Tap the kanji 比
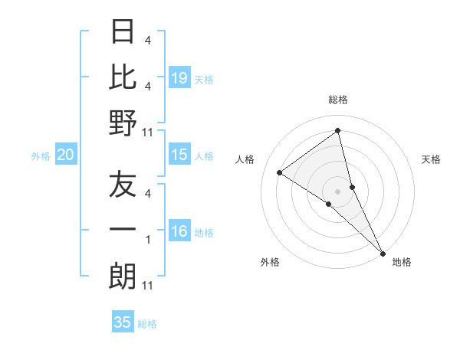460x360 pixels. pos(123,77)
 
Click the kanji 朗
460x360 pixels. pos(123,277)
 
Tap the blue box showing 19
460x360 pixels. pos(179,78)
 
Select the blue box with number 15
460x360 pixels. pos(179,155)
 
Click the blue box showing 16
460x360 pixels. pos(179,232)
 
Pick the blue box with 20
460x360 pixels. pos(65,155)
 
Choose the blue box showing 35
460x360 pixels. pos(123,322)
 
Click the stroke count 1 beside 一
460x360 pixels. pos(148,240)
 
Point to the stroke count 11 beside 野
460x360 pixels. pos(148,132)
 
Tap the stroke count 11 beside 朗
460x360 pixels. pos(148,286)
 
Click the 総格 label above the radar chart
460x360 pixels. pos(338,100)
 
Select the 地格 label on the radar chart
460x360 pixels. pos(402,262)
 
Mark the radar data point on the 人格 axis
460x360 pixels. pos(280,173)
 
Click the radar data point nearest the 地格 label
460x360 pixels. pos(382,252)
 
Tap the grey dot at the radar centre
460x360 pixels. pos(338,191)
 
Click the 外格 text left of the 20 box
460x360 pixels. pos(41,156)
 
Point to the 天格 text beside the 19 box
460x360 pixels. pos(204,79)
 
